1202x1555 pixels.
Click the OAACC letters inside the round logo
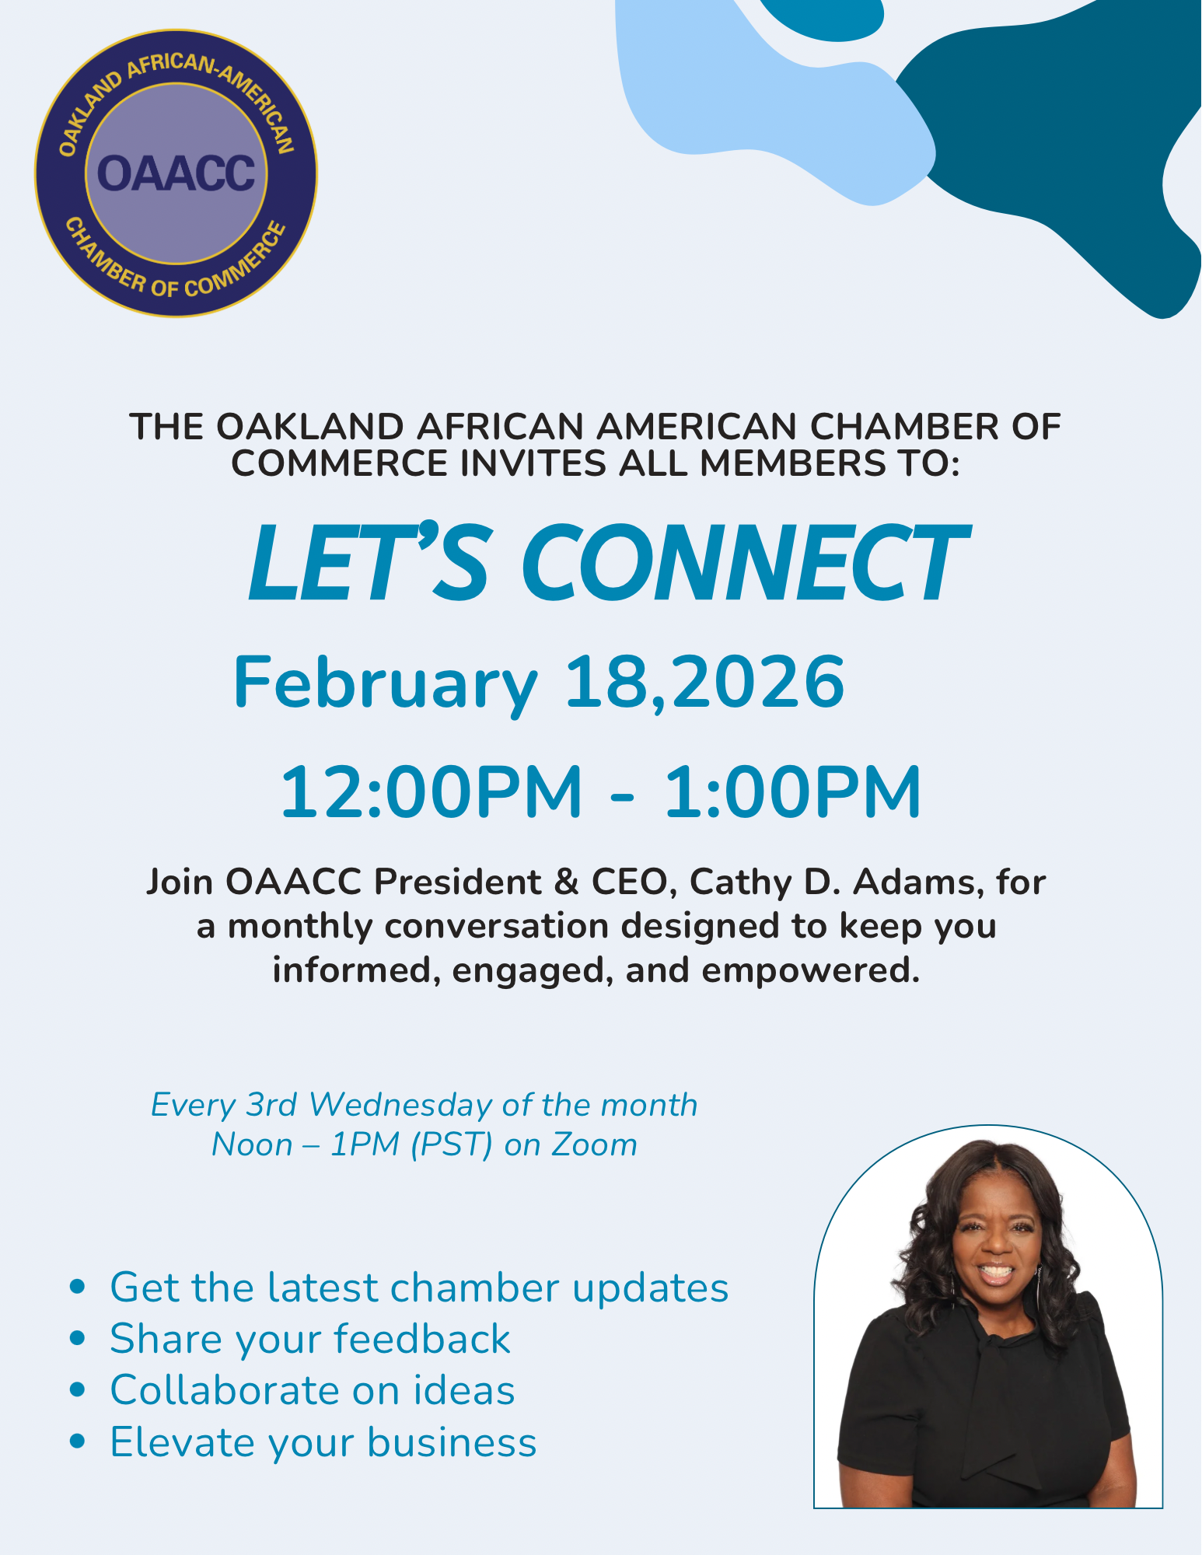click(x=176, y=173)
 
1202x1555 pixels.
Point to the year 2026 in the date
click(x=759, y=682)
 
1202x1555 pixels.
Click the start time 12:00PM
click(x=432, y=792)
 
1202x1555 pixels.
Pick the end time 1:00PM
click(x=793, y=792)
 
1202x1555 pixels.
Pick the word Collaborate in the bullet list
click(x=225, y=1390)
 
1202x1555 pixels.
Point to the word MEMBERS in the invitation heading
click(x=792, y=463)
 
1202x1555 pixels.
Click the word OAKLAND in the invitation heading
click(x=310, y=427)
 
